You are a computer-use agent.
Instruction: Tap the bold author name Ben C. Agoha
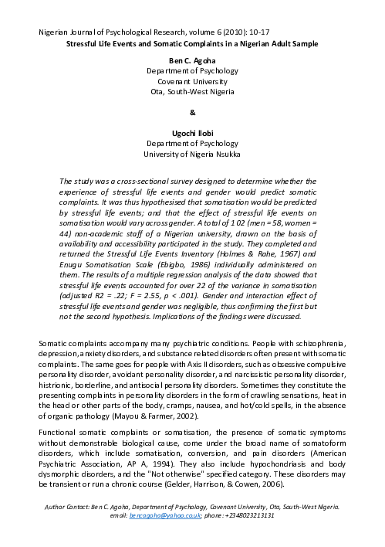pyautogui.click(x=192, y=59)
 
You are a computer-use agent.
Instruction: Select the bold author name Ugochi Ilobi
pyautogui.click(x=192, y=134)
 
